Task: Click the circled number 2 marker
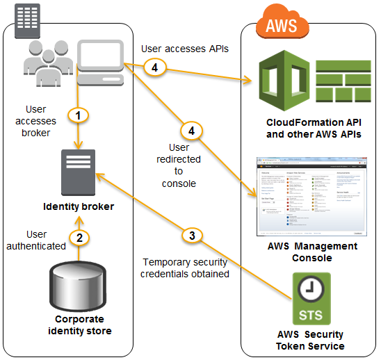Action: [80, 238]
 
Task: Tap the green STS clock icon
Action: [311, 300]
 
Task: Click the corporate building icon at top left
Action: [28, 24]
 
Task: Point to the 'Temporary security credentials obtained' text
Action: [186, 268]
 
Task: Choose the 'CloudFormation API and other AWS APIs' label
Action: [313, 129]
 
